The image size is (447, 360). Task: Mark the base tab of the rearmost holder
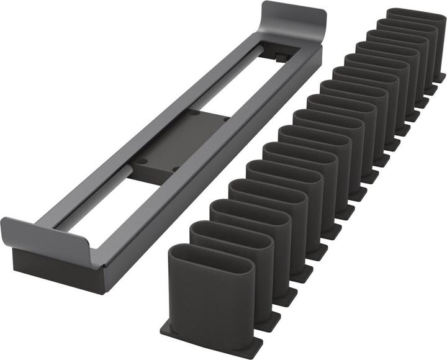click(x=440, y=78)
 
